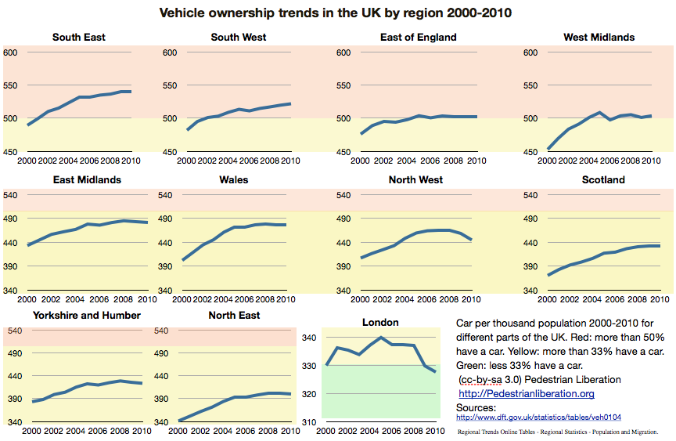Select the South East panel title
(79, 37)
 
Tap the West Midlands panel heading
(599, 37)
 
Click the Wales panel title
(234, 179)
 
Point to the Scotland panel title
(603, 179)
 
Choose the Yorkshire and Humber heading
(87, 315)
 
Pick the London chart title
(381, 322)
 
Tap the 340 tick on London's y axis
(309, 338)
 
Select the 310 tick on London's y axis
(309, 423)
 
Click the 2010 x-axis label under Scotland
(661, 299)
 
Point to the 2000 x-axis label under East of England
(359, 161)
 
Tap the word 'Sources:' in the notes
(475, 407)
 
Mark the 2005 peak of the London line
(381, 338)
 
